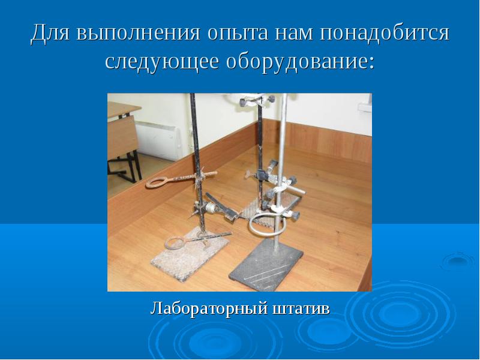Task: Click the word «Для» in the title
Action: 50,32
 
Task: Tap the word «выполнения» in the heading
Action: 139,32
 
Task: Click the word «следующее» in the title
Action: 162,62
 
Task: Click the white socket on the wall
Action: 365,108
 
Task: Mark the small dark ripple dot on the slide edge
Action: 458,260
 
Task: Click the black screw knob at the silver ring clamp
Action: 295,215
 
